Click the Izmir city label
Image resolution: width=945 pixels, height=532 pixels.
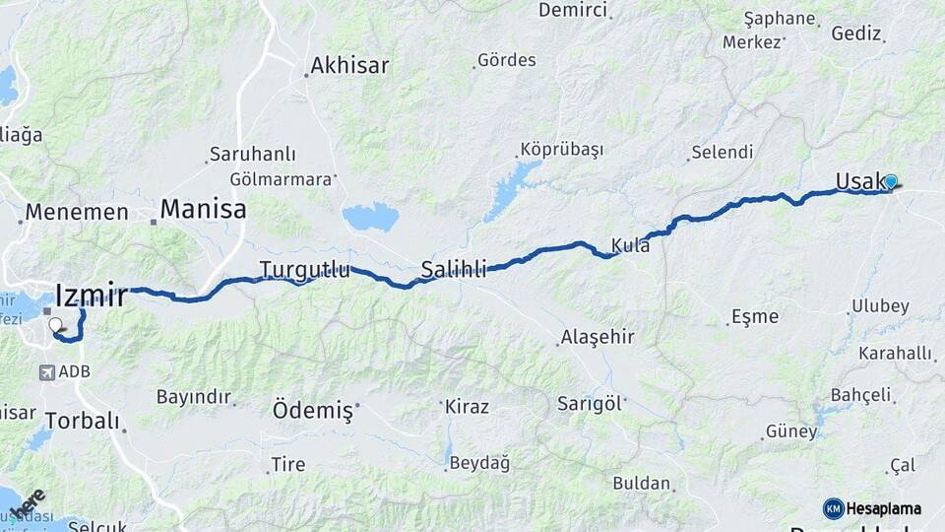pos(92,295)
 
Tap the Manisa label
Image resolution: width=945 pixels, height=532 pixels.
pos(203,209)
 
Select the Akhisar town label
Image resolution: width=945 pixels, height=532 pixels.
pos(349,66)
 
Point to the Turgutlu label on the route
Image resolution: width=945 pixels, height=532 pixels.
pos(304,269)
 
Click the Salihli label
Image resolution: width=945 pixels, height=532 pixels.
pos(454,269)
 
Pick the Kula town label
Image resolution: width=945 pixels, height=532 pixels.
pos(630,245)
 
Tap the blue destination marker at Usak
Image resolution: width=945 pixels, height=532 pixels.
pos(891,182)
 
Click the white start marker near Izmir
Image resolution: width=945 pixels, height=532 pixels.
pos(55,324)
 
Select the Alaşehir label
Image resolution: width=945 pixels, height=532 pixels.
pos(598,337)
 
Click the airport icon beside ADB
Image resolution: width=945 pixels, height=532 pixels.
pos(46,372)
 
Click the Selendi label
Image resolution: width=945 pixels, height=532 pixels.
pos(722,153)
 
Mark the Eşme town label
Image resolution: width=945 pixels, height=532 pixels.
pos(754,316)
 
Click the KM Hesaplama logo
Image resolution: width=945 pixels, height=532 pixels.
pos(872,508)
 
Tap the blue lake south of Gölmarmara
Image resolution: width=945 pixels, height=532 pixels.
pos(370,216)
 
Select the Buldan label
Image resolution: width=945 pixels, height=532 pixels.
pos(642,484)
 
